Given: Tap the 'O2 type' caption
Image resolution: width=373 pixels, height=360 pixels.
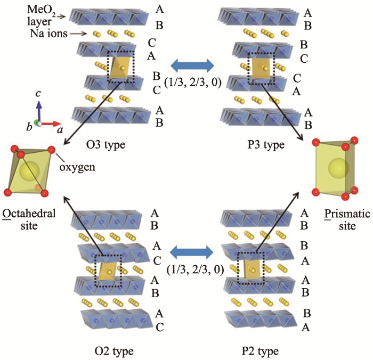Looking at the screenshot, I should pos(114,351).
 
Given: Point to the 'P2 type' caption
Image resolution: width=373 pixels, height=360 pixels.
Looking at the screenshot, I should pos(260,351).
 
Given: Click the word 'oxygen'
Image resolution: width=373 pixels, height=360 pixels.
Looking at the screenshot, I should pos(77,167).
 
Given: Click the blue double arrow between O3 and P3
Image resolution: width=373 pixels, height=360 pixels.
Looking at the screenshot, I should pos(191,66).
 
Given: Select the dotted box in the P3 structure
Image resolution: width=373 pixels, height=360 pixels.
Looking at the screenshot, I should pos(262,67).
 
